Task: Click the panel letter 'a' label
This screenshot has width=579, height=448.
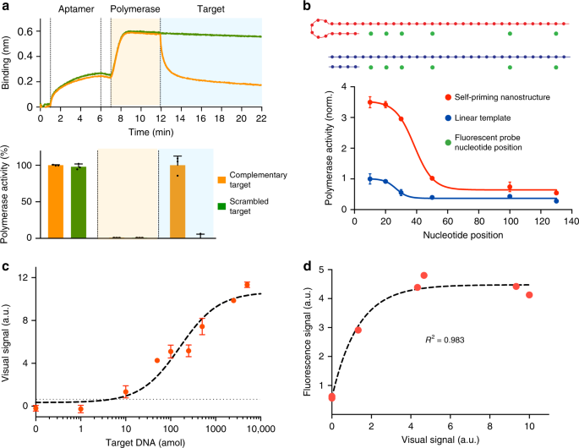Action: point(5,6)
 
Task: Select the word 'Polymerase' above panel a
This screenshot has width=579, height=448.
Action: point(134,13)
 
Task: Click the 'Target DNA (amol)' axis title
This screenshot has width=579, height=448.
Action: point(148,441)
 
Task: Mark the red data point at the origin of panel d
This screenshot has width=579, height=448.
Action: point(332,396)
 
